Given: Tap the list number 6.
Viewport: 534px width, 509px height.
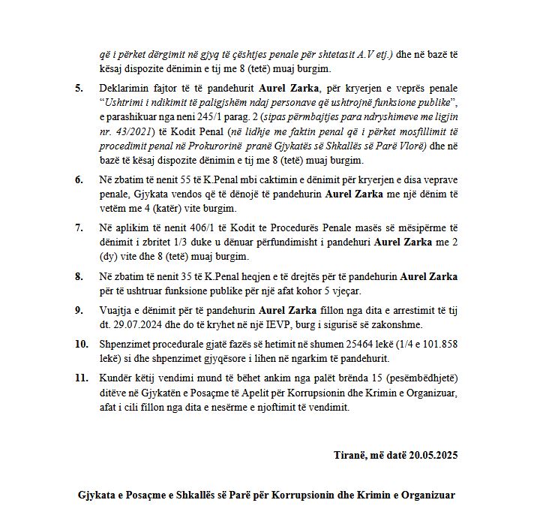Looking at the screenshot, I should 79,181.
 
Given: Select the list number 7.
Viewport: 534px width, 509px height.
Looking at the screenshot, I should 79,227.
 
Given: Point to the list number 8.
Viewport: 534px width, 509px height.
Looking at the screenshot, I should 79,276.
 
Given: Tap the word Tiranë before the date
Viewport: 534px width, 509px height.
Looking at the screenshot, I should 350,455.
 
